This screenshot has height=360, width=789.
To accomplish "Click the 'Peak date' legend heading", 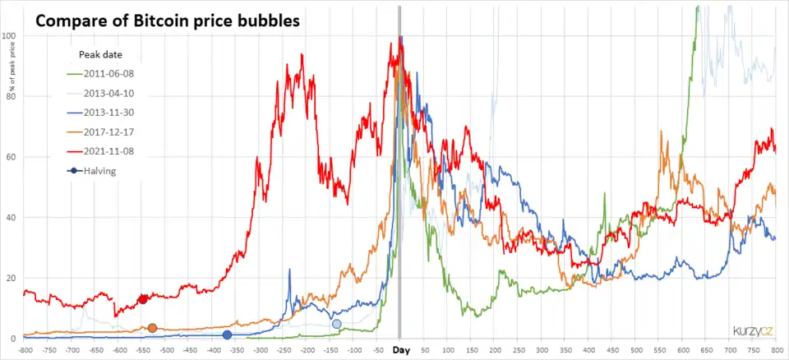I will pos(101,54).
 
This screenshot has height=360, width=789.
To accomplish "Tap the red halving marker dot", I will pos(142,299).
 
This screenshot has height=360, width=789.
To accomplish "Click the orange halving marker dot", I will pos(152,328).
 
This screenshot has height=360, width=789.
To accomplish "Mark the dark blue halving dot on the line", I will pos(227,335).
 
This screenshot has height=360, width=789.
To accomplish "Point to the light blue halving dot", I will pos(336,324).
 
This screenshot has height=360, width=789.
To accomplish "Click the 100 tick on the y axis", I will pos(10,36).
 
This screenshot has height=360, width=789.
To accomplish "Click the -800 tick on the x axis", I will pos(25,350).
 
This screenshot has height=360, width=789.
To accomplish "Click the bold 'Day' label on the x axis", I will pos(400,350).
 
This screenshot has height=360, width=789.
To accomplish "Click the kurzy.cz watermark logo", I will pos(754,331).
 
